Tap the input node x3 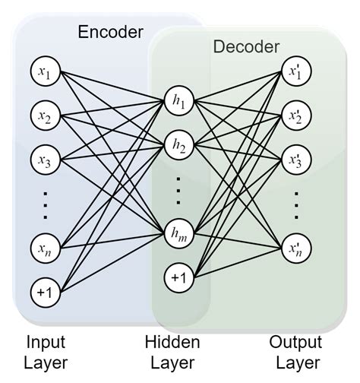click(x=43, y=160)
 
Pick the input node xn click(x=43, y=248)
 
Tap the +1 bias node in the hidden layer click(x=178, y=278)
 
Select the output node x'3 click(x=295, y=160)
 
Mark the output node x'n click(x=295, y=248)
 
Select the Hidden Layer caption click(x=173, y=352)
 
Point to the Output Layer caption click(x=295, y=352)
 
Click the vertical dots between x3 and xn click(x=43, y=204)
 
